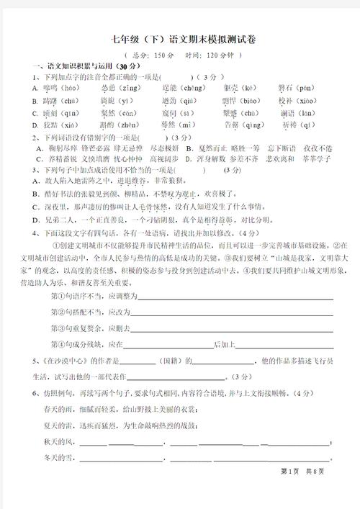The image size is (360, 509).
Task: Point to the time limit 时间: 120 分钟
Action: pyautogui.click(x=209, y=55)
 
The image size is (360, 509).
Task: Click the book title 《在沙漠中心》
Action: pyautogui.click(x=64, y=360)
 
